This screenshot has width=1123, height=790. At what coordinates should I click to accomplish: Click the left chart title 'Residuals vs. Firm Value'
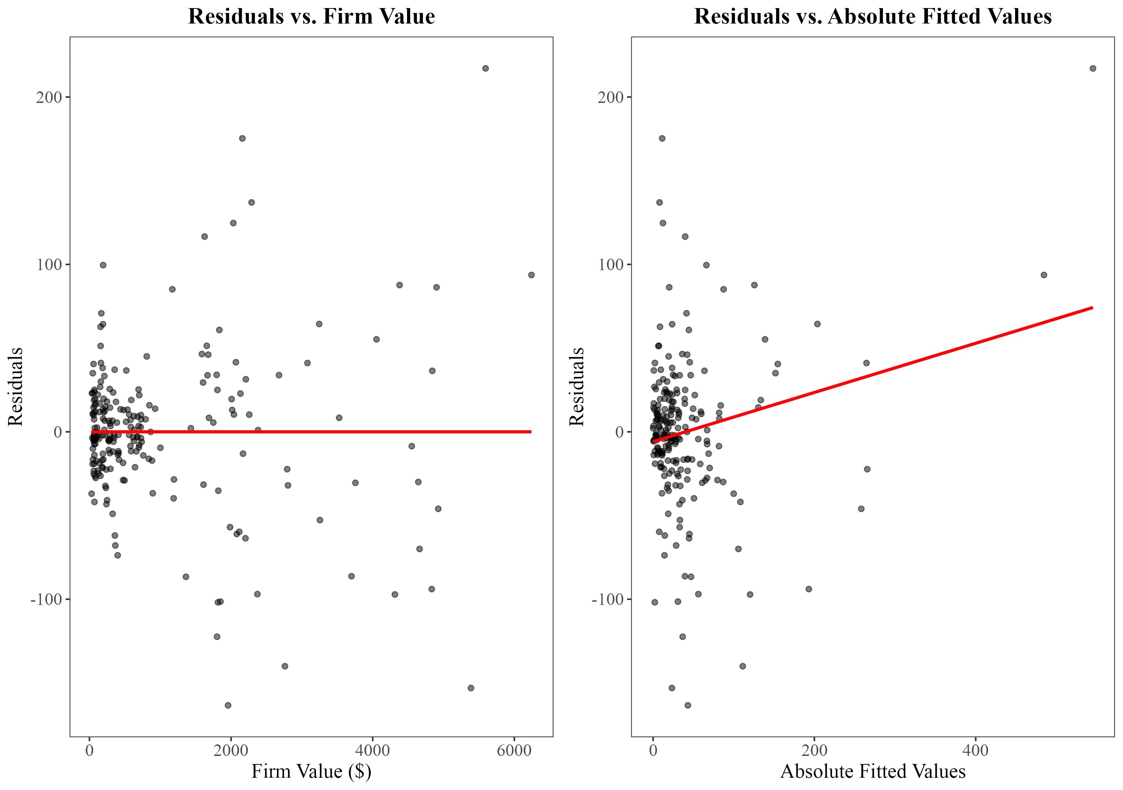pos(311,16)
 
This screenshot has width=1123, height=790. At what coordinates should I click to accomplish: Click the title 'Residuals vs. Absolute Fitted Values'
pos(873,16)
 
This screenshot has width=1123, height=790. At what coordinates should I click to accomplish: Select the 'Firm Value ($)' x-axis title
pos(311,771)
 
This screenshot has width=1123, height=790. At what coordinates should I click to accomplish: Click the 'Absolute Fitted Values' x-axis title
pos(873,771)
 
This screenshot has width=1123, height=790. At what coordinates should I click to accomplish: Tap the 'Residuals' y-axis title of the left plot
pos(16,386)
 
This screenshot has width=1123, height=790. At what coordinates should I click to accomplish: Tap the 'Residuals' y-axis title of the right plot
pos(577,386)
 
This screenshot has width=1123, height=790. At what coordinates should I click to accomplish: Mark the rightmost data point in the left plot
pos(531,275)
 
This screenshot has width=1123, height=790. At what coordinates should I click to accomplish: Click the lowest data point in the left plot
pos(228,705)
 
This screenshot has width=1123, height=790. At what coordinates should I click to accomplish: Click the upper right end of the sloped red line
pos(1092,307)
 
